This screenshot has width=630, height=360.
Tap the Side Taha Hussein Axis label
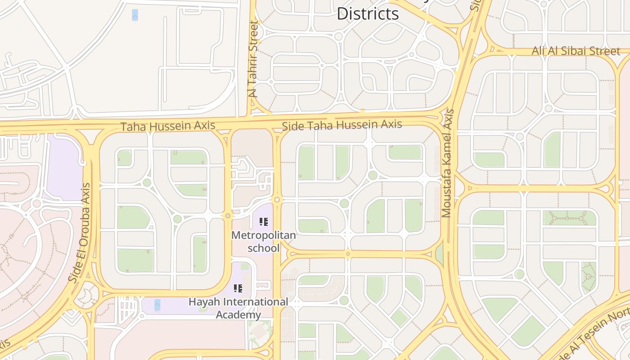pyautogui.click(x=342, y=125)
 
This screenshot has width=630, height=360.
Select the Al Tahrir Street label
pyautogui.click(x=253, y=59)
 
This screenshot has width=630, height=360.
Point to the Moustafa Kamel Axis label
pyautogui.click(x=448, y=163)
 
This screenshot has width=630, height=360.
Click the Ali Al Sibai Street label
pyautogui.click(x=576, y=51)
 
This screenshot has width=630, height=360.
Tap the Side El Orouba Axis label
pyautogui.click(x=80, y=232)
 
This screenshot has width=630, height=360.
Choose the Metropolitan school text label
pyautogui.click(x=263, y=242)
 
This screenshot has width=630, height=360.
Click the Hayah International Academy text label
pyautogui.click(x=238, y=308)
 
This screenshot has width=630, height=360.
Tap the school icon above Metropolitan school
pyautogui.click(x=264, y=221)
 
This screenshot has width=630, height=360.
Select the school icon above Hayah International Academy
pyautogui.click(x=238, y=288)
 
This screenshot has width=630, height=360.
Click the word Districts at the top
pyautogui.click(x=368, y=13)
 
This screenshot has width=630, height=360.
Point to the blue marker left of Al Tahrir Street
pyautogui.click(x=135, y=15)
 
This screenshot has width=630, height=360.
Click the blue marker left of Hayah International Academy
pyautogui.click(x=157, y=305)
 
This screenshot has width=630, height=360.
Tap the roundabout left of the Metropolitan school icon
pyautogui.click(x=228, y=216)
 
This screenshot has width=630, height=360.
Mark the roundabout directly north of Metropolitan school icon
pyautogui.click(x=277, y=199)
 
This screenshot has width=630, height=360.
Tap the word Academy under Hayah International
pyautogui.click(x=238, y=315)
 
